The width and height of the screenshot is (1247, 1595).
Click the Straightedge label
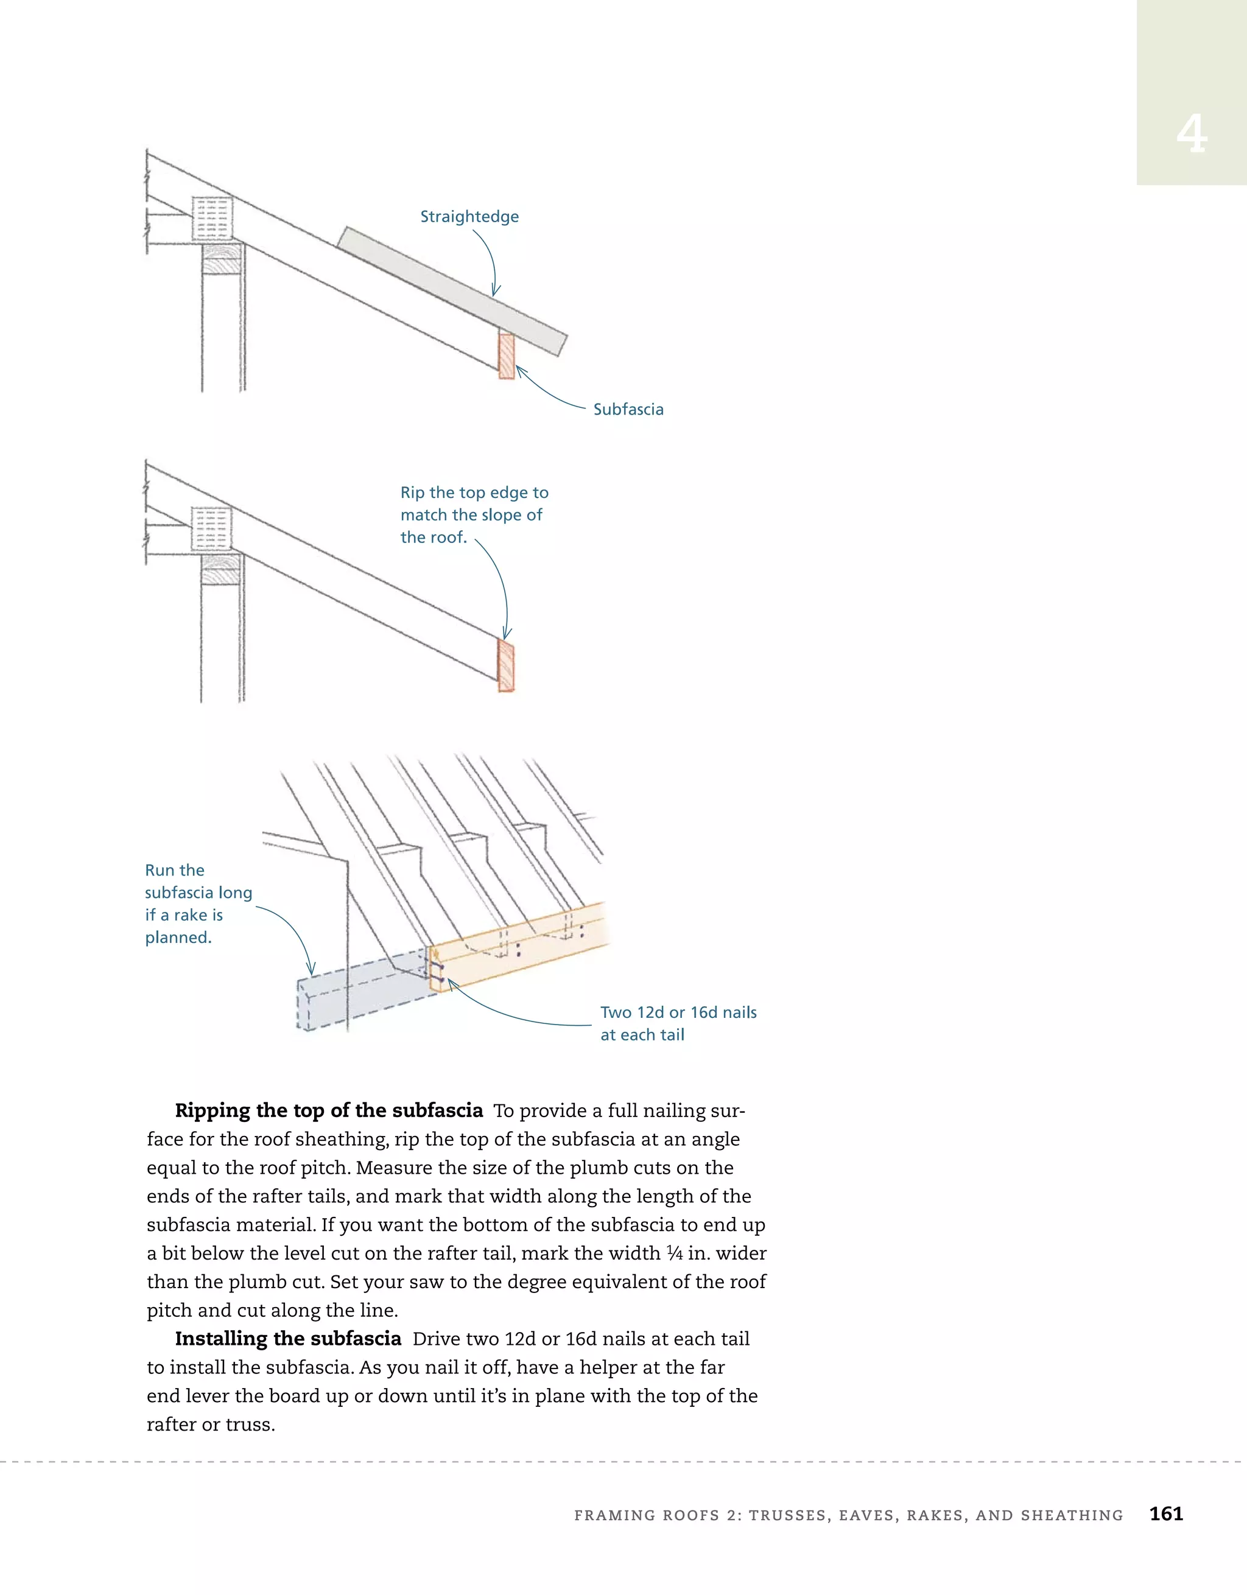click(469, 217)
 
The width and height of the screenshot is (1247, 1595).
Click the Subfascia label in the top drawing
click(628, 410)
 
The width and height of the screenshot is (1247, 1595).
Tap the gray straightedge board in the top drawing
click(453, 290)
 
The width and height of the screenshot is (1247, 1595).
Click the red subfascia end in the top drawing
click(506, 356)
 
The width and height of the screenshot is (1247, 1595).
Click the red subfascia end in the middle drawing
click(505, 665)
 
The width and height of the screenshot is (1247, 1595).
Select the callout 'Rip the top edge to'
click(474, 493)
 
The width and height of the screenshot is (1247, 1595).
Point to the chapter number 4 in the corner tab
click(1191, 135)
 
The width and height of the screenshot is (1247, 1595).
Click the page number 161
click(1166, 1514)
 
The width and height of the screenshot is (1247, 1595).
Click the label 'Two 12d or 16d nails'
click(678, 1012)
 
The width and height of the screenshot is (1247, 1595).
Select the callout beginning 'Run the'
click(175, 871)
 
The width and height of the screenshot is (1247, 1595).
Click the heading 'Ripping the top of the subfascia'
click(329, 1111)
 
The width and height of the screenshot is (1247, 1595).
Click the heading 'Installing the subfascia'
click(288, 1339)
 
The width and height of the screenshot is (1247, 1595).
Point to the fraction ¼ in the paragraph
click(673, 1253)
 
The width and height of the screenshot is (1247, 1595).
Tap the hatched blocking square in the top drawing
click(212, 217)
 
